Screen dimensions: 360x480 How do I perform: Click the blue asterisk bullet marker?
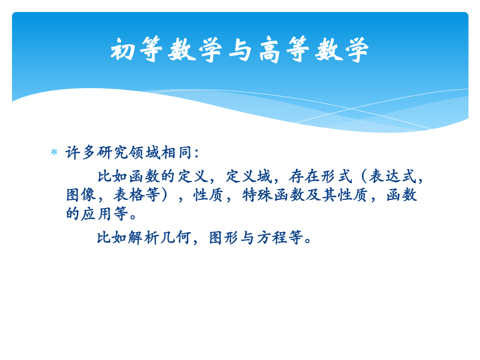pyautogui.click(x=54, y=152)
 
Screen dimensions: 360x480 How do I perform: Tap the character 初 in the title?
pyautogui.click(x=125, y=51)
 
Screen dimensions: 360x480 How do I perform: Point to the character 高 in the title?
pyautogui.click(x=272, y=51)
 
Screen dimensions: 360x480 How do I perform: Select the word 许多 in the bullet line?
pyautogui.click(x=81, y=152)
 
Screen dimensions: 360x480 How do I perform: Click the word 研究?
pyautogui.click(x=113, y=152)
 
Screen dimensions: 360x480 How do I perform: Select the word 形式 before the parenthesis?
pyautogui.click(x=337, y=176)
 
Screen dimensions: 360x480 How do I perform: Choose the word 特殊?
pyautogui.click(x=259, y=195)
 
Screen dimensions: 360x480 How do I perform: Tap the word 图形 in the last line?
pyautogui.click(x=224, y=237)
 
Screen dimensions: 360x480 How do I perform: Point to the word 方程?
pyautogui.click(x=272, y=237)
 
